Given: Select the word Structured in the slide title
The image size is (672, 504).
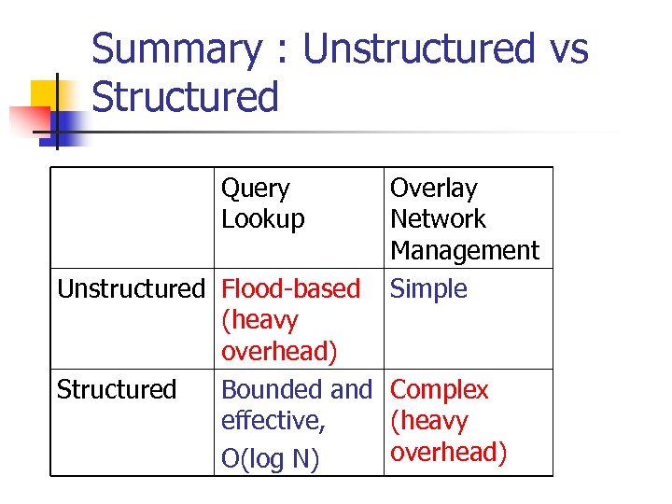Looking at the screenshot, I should click(x=186, y=97).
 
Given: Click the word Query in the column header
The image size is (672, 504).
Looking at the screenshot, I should click(x=255, y=189).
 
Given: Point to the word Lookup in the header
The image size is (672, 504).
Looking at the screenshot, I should click(x=262, y=219).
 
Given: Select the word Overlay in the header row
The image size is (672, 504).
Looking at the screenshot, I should click(x=433, y=189).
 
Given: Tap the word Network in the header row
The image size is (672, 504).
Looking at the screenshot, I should click(x=438, y=219).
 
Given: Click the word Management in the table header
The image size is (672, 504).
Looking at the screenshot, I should click(x=464, y=251).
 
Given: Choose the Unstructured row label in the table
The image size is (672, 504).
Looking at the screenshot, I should click(x=130, y=289).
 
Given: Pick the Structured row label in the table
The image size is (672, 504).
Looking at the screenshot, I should click(x=117, y=390).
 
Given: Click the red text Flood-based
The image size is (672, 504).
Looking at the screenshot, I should click(x=290, y=289).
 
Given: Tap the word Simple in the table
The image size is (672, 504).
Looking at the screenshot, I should click(x=428, y=289).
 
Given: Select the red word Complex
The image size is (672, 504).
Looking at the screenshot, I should click(x=439, y=390).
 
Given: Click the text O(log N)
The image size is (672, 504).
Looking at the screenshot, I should click(x=270, y=459).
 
